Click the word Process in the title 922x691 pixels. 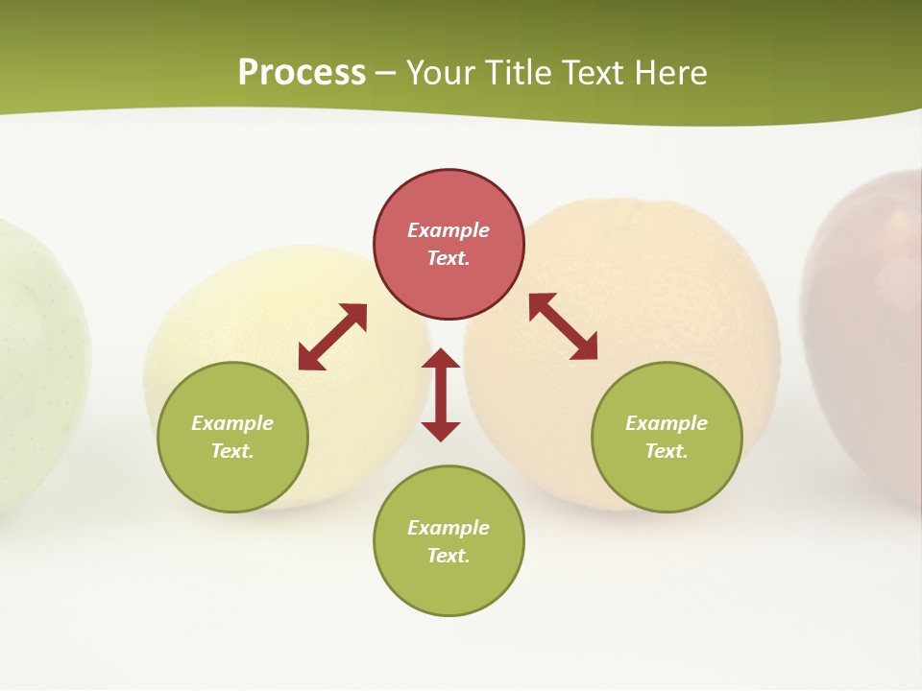pyautogui.click(x=302, y=72)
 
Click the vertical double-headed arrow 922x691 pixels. pyautogui.click(x=441, y=395)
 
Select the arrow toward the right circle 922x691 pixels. pyautogui.click(x=564, y=326)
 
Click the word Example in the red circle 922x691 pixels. pyautogui.click(x=449, y=230)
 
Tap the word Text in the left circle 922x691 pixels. pyautogui.click(x=232, y=451)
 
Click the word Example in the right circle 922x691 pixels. pyautogui.click(x=667, y=423)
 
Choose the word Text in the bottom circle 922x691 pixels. pyautogui.click(x=449, y=556)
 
